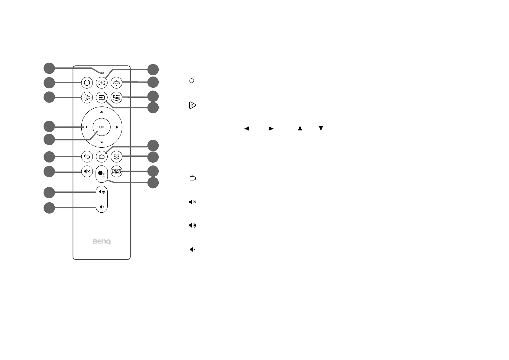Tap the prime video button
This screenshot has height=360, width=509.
[116, 97]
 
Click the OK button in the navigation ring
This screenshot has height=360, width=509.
[102, 127]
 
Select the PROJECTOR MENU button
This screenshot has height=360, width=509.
[116, 172]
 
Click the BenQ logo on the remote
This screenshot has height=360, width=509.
[102, 242]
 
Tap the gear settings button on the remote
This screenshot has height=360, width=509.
[116, 156]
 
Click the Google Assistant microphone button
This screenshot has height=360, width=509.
[101, 175]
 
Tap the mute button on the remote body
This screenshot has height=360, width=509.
[87, 172]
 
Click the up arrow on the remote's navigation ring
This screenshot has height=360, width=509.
[102, 112]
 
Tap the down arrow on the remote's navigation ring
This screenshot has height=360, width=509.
[102, 142]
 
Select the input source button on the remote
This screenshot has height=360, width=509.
[102, 97]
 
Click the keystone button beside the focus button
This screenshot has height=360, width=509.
[116, 83]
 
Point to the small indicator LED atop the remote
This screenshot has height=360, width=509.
[102, 73]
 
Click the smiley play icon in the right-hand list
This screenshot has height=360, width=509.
[192, 105]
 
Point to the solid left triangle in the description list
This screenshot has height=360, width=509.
[246, 129]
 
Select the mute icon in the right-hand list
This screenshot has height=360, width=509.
[192, 202]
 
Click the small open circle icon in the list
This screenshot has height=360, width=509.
[191, 81]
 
